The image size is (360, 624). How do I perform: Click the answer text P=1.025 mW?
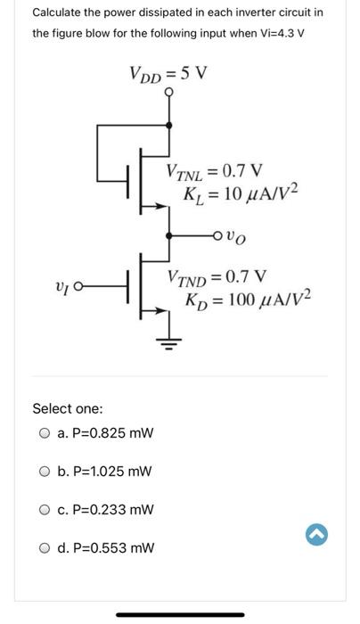pyautogui.click(x=105, y=472)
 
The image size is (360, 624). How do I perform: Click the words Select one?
pyautogui.click(x=67, y=408)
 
